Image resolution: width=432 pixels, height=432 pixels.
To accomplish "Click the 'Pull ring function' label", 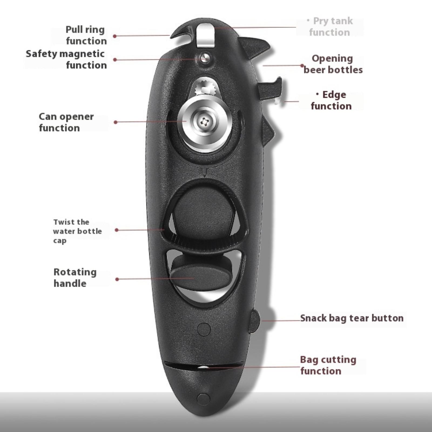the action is click(86, 35).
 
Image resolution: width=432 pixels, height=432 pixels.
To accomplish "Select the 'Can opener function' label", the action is click(66, 122).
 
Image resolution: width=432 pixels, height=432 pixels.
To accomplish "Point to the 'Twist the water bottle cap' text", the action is click(77, 231).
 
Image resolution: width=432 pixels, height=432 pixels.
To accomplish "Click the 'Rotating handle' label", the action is click(75, 278).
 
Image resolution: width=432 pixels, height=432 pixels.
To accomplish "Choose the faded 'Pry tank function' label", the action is click(330, 26).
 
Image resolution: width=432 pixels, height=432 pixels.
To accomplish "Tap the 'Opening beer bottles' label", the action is click(333, 64).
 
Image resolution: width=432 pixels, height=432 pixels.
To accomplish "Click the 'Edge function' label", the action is click(331, 100).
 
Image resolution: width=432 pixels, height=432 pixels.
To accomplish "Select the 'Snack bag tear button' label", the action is click(352, 318).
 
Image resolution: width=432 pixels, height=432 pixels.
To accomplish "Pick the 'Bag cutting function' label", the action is click(328, 365).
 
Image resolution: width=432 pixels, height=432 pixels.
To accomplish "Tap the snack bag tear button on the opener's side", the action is click(254, 321).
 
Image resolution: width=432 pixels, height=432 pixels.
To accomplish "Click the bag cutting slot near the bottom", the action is click(204, 366).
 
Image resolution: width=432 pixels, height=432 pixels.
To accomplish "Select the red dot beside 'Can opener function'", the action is click(116, 122).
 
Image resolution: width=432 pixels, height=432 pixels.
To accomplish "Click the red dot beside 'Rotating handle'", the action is click(117, 279).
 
